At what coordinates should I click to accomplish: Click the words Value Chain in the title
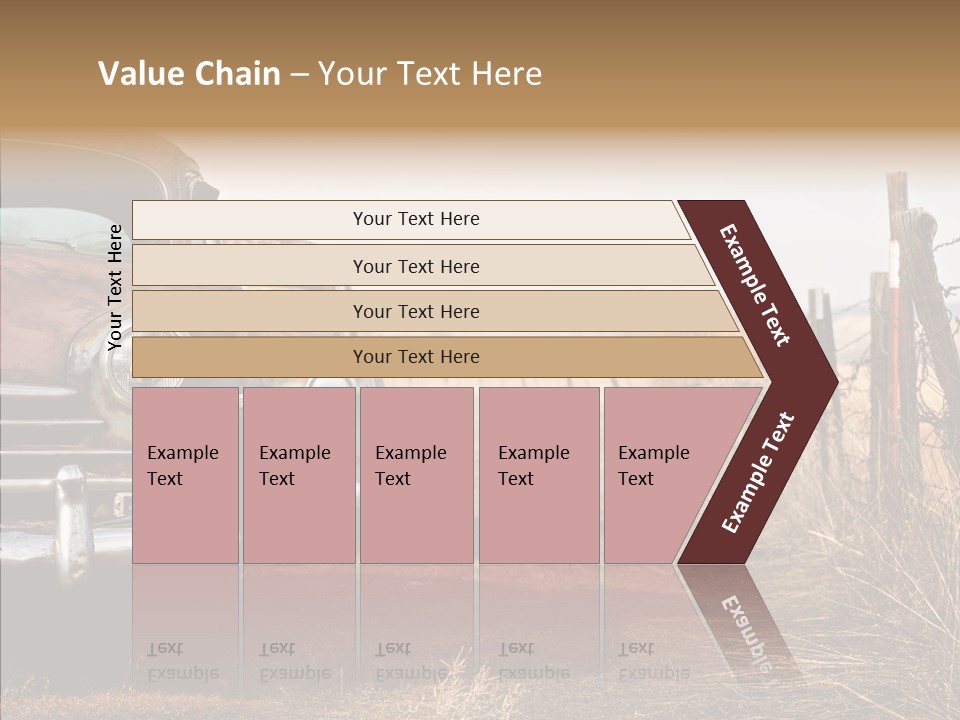(189, 75)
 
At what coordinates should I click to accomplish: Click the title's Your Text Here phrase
(430, 75)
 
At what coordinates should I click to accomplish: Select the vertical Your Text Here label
(116, 287)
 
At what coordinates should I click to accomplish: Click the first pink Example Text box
(185, 475)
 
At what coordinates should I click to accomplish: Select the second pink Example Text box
(298, 475)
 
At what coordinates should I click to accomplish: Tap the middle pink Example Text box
(416, 475)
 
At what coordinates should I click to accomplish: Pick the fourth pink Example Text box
(538, 475)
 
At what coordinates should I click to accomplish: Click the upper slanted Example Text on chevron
(756, 285)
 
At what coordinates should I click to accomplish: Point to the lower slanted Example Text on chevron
(758, 473)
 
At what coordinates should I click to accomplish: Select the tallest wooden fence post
(915, 330)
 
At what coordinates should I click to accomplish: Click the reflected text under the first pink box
(182, 660)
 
